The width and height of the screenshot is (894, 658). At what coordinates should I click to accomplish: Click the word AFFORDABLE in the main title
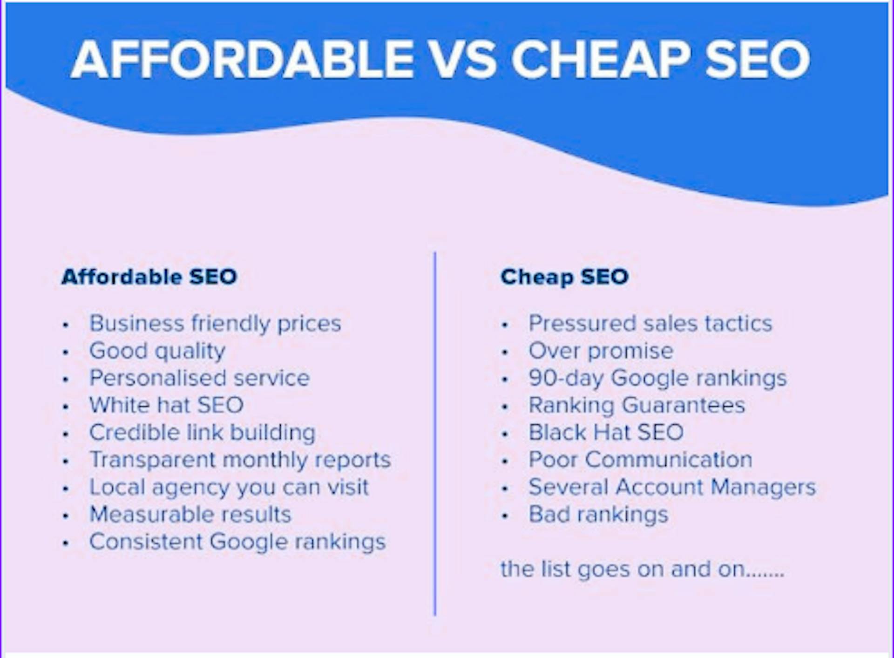(x=242, y=59)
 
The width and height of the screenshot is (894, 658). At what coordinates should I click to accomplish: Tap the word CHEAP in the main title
(x=601, y=59)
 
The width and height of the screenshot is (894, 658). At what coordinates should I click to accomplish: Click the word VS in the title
(x=462, y=59)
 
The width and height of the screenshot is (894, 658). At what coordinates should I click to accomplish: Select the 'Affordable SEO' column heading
(x=149, y=277)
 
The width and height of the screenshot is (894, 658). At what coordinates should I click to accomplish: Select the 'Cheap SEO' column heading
(x=564, y=277)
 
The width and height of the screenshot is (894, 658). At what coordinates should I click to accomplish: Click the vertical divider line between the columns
(x=435, y=433)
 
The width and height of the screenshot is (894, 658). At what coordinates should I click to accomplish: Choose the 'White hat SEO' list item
(x=166, y=405)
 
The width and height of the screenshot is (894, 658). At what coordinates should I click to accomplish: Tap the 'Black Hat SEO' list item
(x=606, y=432)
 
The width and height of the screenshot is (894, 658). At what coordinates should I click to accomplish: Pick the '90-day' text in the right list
(x=566, y=378)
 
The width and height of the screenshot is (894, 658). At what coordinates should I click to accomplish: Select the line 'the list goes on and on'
(x=643, y=570)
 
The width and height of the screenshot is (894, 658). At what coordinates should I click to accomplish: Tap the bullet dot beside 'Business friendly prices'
(x=66, y=325)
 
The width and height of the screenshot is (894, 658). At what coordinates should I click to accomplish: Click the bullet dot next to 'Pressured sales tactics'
(x=505, y=325)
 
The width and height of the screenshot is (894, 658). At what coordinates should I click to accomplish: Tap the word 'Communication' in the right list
(x=669, y=460)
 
